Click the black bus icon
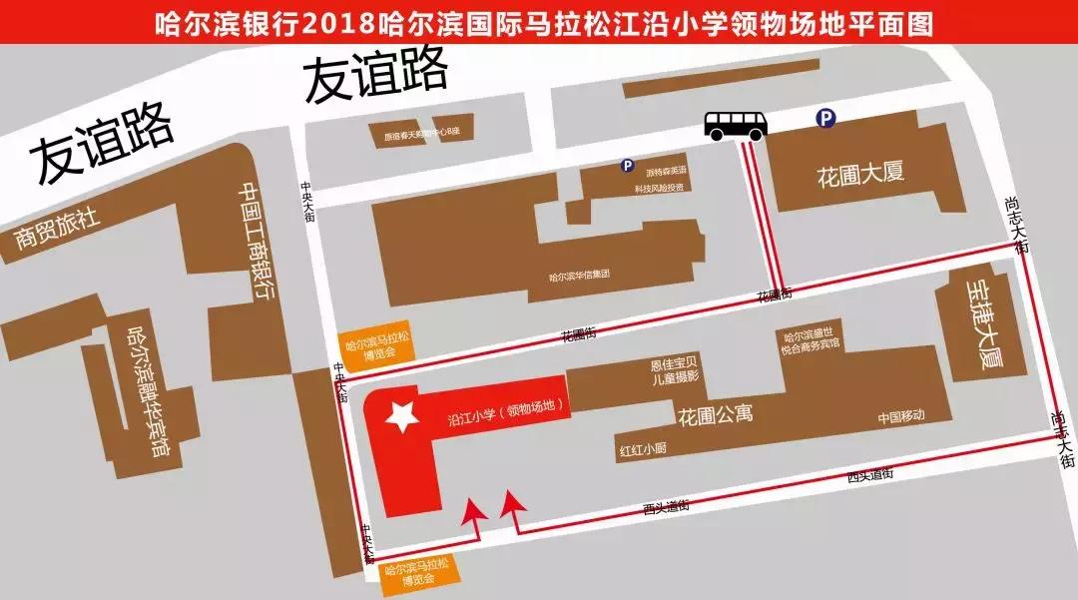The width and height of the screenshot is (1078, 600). (x=736, y=124)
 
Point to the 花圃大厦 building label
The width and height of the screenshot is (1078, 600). (x=860, y=173)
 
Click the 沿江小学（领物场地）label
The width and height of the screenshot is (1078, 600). (x=507, y=407)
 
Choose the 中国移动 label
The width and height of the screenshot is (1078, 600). (x=901, y=416)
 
